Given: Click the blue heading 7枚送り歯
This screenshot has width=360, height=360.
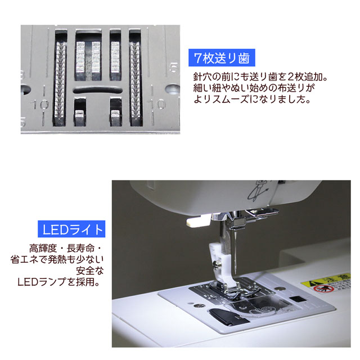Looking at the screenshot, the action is (222, 57).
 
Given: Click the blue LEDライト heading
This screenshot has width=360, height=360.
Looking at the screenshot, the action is (71, 229).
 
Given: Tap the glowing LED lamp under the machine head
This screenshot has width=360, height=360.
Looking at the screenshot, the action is (198, 221).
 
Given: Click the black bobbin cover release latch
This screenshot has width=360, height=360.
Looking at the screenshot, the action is (226, 316).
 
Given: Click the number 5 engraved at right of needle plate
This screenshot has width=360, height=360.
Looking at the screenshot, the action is (174, 67).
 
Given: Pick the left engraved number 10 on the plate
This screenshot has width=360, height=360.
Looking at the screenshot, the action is (39, 105).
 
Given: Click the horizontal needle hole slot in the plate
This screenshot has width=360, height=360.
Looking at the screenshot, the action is (98, 89).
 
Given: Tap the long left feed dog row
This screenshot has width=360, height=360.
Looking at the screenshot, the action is (60, 82).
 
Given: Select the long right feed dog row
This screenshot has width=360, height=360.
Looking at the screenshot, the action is (135, 82).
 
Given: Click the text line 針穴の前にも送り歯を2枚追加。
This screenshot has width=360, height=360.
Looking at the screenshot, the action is (260, 77).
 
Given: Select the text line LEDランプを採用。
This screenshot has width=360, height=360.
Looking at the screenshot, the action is (58, 282).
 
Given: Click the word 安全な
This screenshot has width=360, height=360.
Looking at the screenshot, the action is (90, 271).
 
